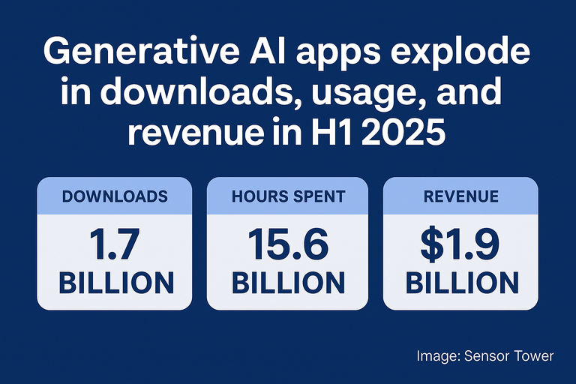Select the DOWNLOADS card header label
point(115,196)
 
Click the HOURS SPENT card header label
point(288,196)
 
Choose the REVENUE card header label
point(461,196)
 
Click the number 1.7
point(114,244)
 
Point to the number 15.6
point(288,244)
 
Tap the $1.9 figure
point(460,244)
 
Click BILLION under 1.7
point(116,283)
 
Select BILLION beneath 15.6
point(288,283)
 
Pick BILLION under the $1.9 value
point(462,283)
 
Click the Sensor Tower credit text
point(485,355)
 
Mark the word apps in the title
point(337,54)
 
